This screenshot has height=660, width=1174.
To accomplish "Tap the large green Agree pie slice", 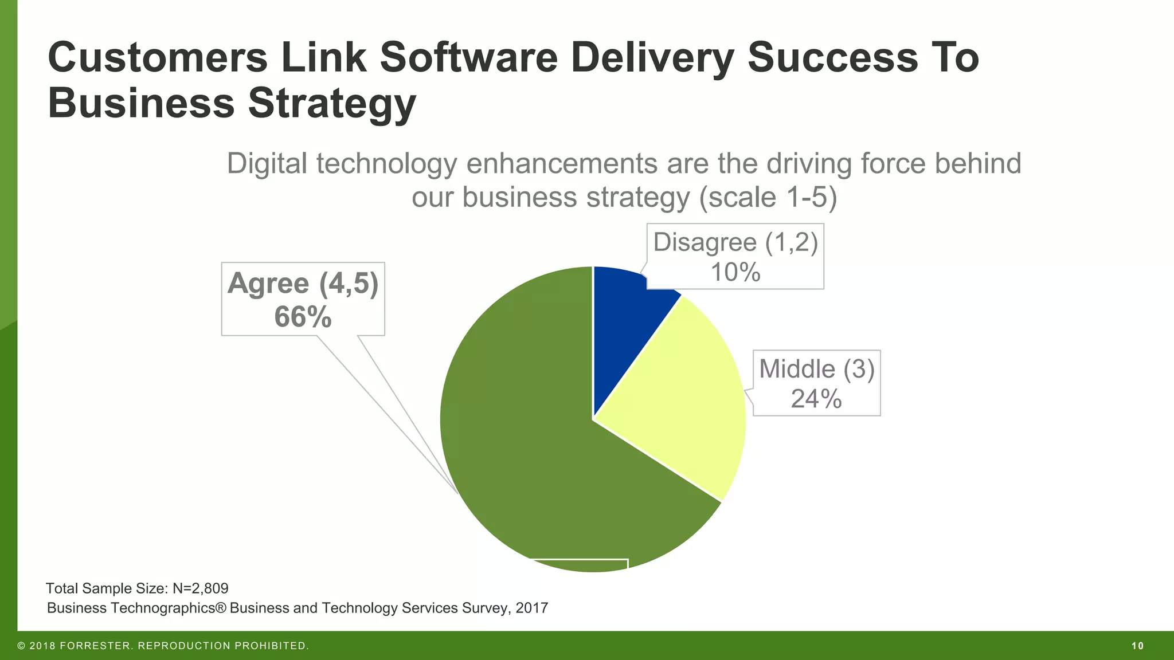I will [x=527, y=447].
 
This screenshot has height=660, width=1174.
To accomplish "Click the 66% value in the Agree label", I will [x=303, y=317].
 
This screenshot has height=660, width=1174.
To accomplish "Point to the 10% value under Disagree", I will [x=735, y=272].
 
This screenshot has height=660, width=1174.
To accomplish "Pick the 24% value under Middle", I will [x=816, y=399].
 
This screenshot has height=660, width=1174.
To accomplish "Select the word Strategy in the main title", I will [x=332, y=104].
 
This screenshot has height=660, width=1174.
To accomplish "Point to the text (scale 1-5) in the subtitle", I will [x=768, y=198].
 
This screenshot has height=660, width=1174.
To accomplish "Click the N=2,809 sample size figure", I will [x=200, y=588].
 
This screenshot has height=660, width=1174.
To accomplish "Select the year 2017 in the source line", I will [x=531, y=608].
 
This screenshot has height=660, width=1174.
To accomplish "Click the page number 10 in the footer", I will [x=1137, y=646].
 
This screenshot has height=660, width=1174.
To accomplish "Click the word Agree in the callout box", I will [x=268, y=284].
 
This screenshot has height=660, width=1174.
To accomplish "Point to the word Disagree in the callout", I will [x=705, y=242].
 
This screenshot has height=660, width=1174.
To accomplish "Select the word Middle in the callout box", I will [x=797, y=369].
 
